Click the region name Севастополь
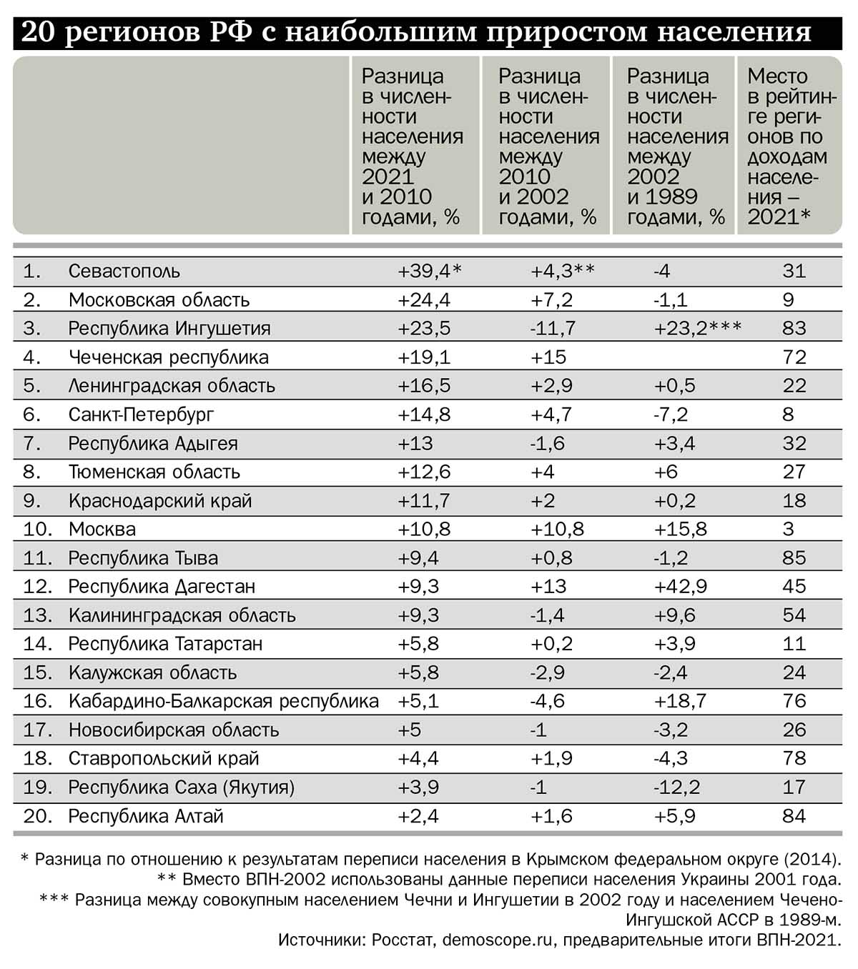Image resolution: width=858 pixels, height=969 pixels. click(x=124, y=272)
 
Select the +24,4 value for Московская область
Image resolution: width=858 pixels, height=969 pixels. click(x=423, y=300)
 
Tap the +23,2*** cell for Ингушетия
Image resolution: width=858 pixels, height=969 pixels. click(x=697, y=329)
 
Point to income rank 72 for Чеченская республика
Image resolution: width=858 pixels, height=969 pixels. click(x=794, y=357)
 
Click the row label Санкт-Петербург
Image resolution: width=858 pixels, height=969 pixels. click(x=141, y=414)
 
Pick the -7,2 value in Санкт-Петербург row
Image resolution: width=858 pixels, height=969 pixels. click(x=670, y=414)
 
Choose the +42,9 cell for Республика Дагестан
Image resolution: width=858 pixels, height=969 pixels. click(x=680, y=587)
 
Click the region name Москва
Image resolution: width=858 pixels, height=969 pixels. click(x=102, y=530)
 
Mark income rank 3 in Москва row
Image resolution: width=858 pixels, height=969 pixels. click(x=788, y=530)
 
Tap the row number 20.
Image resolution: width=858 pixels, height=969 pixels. click(x=37, y=816)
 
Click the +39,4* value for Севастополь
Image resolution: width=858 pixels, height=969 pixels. click(x=429, y=272)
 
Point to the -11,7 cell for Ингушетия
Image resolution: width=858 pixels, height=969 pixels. click(x=553, y=329)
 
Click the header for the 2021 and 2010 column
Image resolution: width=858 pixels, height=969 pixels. click(x=412, y=146)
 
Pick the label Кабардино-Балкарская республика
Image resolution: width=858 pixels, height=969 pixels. click(x=223, y=702)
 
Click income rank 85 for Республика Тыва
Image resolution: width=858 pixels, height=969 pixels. click(x=794, y=558)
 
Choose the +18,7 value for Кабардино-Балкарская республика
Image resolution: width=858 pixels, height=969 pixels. click(x=680, y=702)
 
